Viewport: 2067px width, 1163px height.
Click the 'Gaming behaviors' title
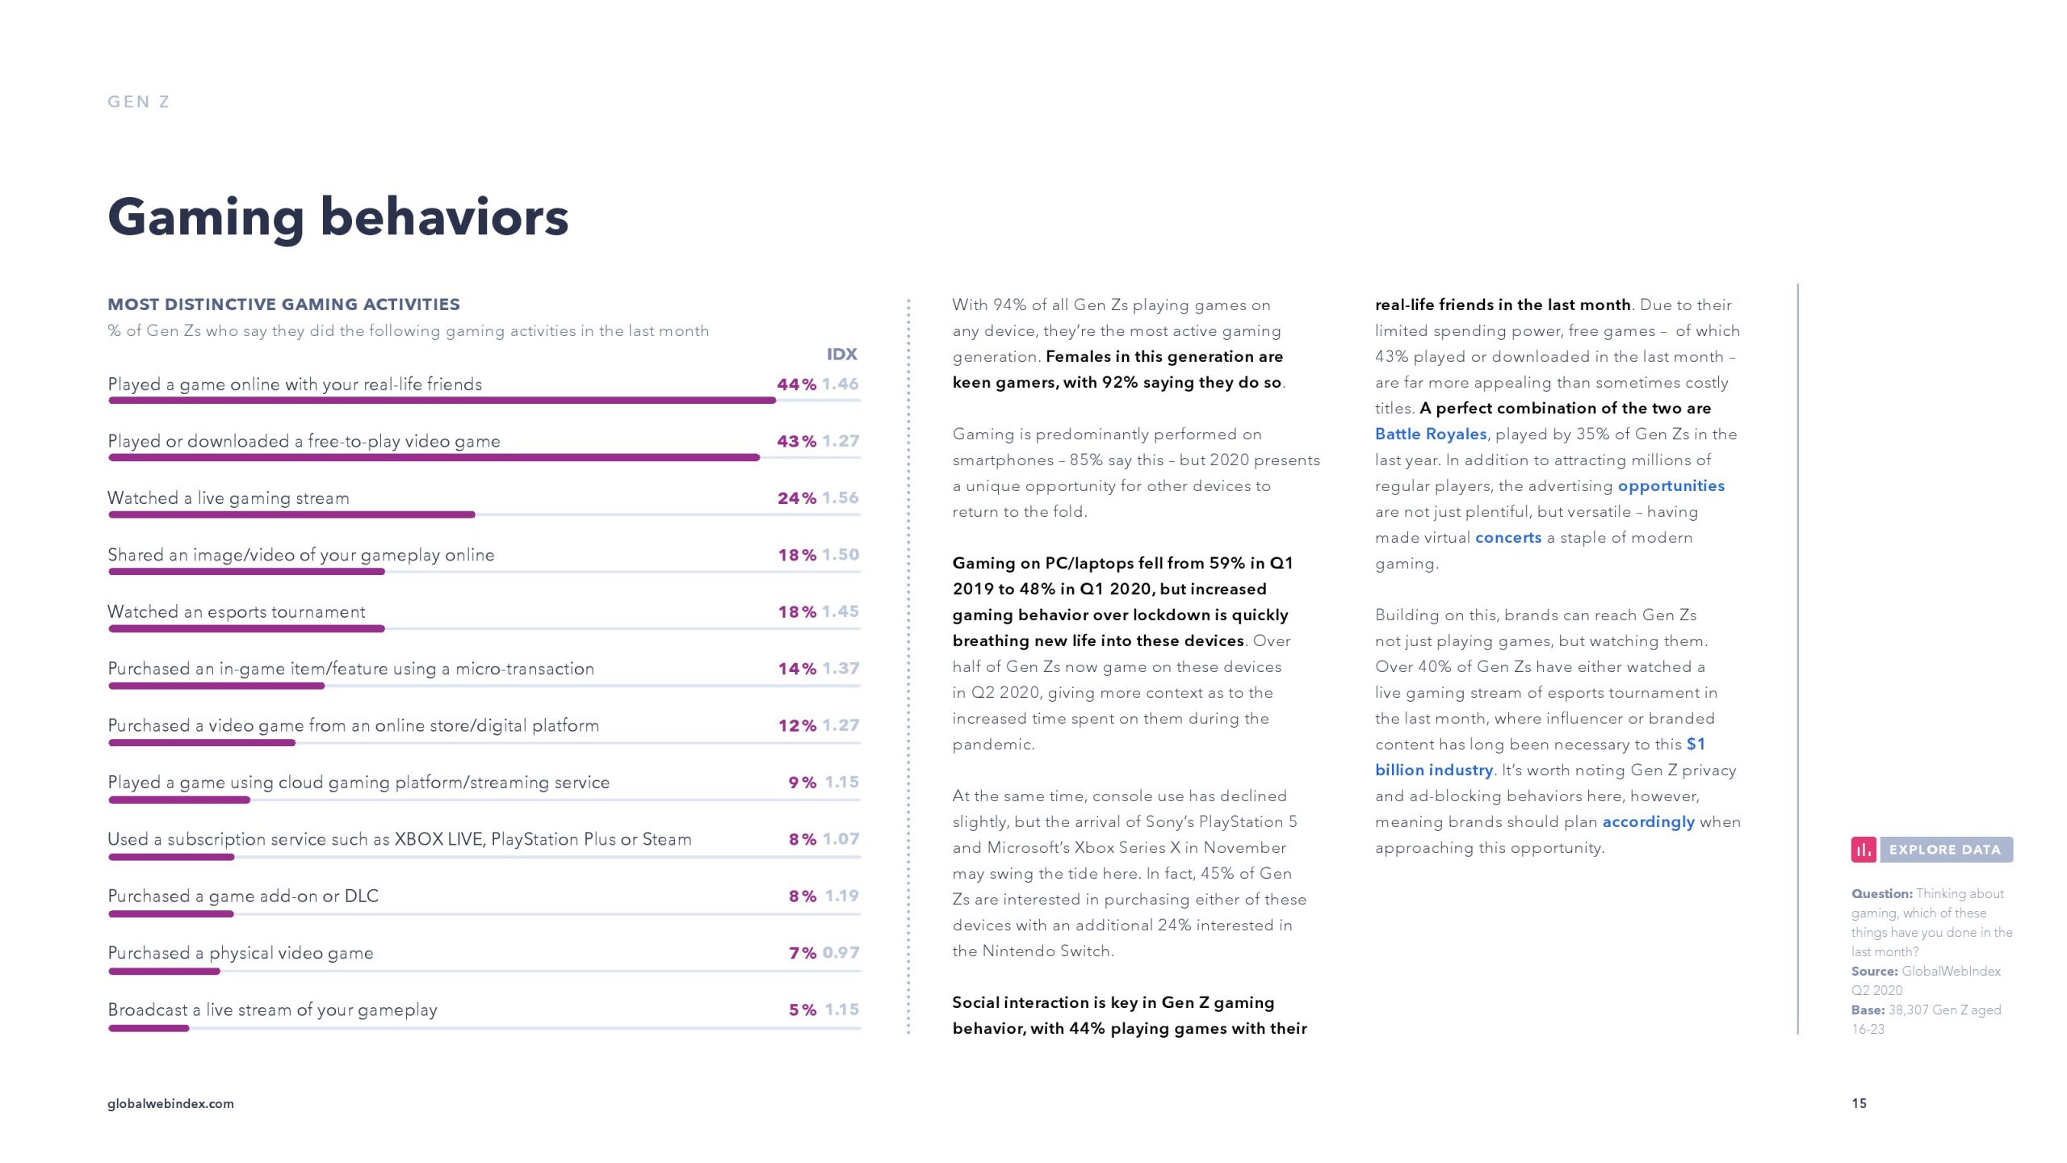click(338, 217)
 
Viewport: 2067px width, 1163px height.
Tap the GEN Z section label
click(139, 102)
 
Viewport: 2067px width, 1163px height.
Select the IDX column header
click(841, 355)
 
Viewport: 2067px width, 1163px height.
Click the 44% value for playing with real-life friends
click(796, 384)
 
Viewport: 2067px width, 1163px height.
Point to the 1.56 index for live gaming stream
click(841, 498)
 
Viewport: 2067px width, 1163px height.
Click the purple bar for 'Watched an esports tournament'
click(246, 629)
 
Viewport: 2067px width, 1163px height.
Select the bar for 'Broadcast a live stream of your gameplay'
click(149, 1028)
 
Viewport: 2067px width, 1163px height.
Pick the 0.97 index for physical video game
click(841, 953)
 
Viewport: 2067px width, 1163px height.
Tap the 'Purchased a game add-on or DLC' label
click(243, 896)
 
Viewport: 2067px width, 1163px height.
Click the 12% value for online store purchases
click(797, 726)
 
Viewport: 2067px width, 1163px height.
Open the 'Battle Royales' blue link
click(1431, 434)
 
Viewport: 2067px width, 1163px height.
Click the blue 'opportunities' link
click(1671, 485)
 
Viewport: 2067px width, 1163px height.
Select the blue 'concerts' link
click(1507, 537)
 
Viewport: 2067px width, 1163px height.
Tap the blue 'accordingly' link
click(1648, 821)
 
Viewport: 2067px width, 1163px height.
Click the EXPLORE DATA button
click(1945, 850)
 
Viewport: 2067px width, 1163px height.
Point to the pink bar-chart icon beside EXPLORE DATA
click(1864, 850)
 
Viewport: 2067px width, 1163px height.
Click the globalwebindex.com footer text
click(170, 1103)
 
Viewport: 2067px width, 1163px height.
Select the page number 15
click(1859, 1103)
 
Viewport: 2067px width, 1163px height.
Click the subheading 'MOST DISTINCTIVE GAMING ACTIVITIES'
click(283, 304)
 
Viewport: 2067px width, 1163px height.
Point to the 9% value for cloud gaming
click(802, 783)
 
